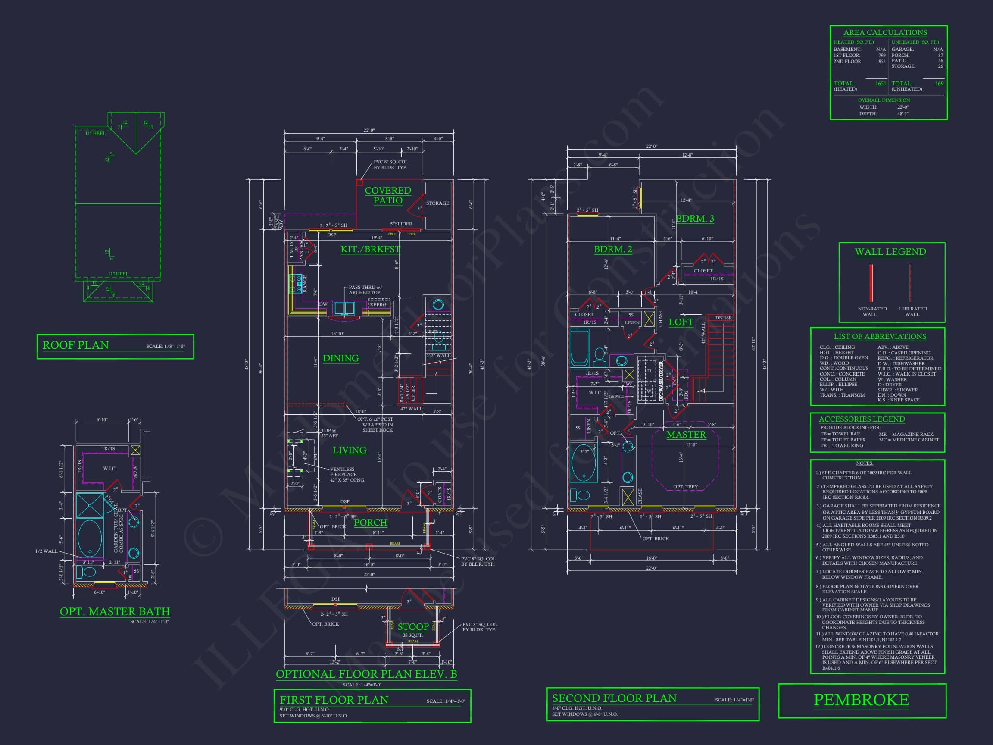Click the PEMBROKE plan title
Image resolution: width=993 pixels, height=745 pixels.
pyautogui.click(x=861, y=700)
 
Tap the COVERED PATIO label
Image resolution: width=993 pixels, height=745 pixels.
pyautogui.click(x=388, y=195)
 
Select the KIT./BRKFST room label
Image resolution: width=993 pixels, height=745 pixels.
pyautogui.click(x=370, y=249)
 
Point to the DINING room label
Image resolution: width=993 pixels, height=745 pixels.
pyautogui.click(x=341, y=358)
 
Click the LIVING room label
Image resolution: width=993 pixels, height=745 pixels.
pyautogui.click(x=349, y=450)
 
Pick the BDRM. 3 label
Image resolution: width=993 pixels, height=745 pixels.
pyautogui.click(x=695, y=219)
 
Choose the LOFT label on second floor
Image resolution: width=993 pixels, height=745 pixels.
pyautogui.click(x=681, y=322)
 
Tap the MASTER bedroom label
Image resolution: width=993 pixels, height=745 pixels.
pyautogui.click(x=686, y=434)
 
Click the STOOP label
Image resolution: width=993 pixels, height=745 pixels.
pyautogui.click(x=413, y=627)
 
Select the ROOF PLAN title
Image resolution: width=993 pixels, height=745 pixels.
pyautogui.click(x=75, y=345)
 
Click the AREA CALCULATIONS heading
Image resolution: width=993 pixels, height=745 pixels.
pyautogui.click(x=885, y=32)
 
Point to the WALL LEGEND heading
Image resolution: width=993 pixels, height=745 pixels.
pyautogui.click(x=890, y=252)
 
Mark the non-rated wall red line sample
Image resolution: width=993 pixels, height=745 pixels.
pyautogui.click(x=871, y=283)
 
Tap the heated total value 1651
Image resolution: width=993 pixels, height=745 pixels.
pyautogui.click(x=881, y=84)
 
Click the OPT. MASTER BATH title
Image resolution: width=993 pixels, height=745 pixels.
pyautogui.click(x=115, y=612)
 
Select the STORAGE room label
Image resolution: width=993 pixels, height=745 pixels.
pyautogui.click(x=437, y=203)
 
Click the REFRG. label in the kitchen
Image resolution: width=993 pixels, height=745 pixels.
pyautogui.click(x=378, y=304)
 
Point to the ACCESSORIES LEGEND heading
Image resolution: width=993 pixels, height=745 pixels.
pyautogui.click(x=862, y=419)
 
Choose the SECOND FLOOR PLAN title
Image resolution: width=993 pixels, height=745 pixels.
pyautogui.click(x=614, y=698)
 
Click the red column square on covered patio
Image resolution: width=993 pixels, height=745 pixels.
pyautogui.click(x=359, y=183)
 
